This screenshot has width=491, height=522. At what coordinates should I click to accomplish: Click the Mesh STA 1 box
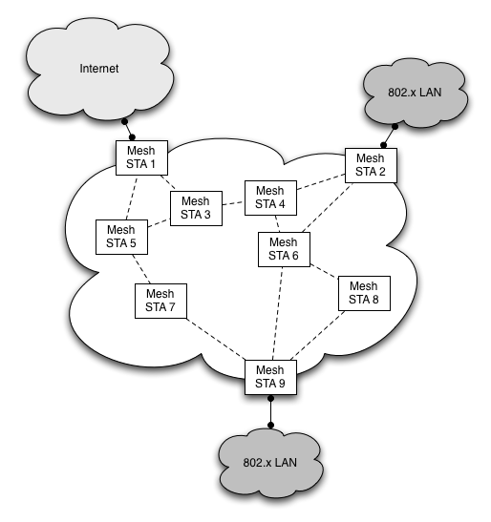coord(141,157)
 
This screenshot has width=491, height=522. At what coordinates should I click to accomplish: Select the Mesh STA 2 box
coord(371,165)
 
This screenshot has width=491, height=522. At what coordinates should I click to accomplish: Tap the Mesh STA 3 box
coord(196,208)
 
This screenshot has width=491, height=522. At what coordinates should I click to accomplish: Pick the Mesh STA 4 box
coord(270,198)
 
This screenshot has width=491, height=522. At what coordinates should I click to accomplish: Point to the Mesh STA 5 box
coord(121,237)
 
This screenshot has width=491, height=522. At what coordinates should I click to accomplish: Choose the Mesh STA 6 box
coord(284,249)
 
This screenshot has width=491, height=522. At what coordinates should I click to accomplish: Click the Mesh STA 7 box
coord(160,301)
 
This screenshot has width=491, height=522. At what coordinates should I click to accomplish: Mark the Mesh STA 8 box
coord(364,293)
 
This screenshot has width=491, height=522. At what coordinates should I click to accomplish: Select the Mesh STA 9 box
coord(270,377)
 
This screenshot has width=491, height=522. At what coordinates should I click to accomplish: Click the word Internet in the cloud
coord(99,69)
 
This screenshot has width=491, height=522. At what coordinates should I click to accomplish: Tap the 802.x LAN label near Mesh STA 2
coord(415,93)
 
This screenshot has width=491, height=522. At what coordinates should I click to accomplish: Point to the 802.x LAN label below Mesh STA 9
coord(270,463)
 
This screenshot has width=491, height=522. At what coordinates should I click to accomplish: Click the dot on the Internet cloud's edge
coord(125,122)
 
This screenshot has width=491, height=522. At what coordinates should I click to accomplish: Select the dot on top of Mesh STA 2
coord(384,145)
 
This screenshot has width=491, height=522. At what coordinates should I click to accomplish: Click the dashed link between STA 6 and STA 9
coord(278,313)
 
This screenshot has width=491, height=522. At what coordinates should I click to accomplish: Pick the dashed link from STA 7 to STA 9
coord(216,339)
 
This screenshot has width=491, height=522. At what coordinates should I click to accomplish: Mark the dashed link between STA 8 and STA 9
coord(317,335)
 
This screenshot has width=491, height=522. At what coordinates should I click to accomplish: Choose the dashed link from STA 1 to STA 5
coord(132,198)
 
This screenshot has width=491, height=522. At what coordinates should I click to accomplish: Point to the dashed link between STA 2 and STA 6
coord(328,207)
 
